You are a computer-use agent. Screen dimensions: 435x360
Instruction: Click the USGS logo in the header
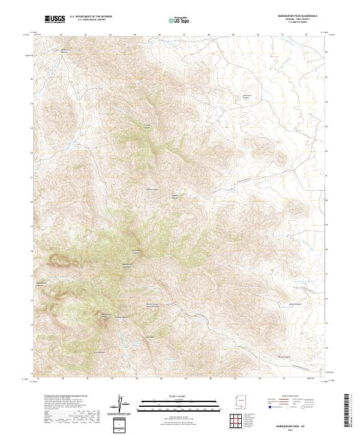point(55,20)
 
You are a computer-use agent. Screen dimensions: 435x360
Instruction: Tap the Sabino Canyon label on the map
point(152,190)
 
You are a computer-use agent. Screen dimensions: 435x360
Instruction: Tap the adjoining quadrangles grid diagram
point(240,421)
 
